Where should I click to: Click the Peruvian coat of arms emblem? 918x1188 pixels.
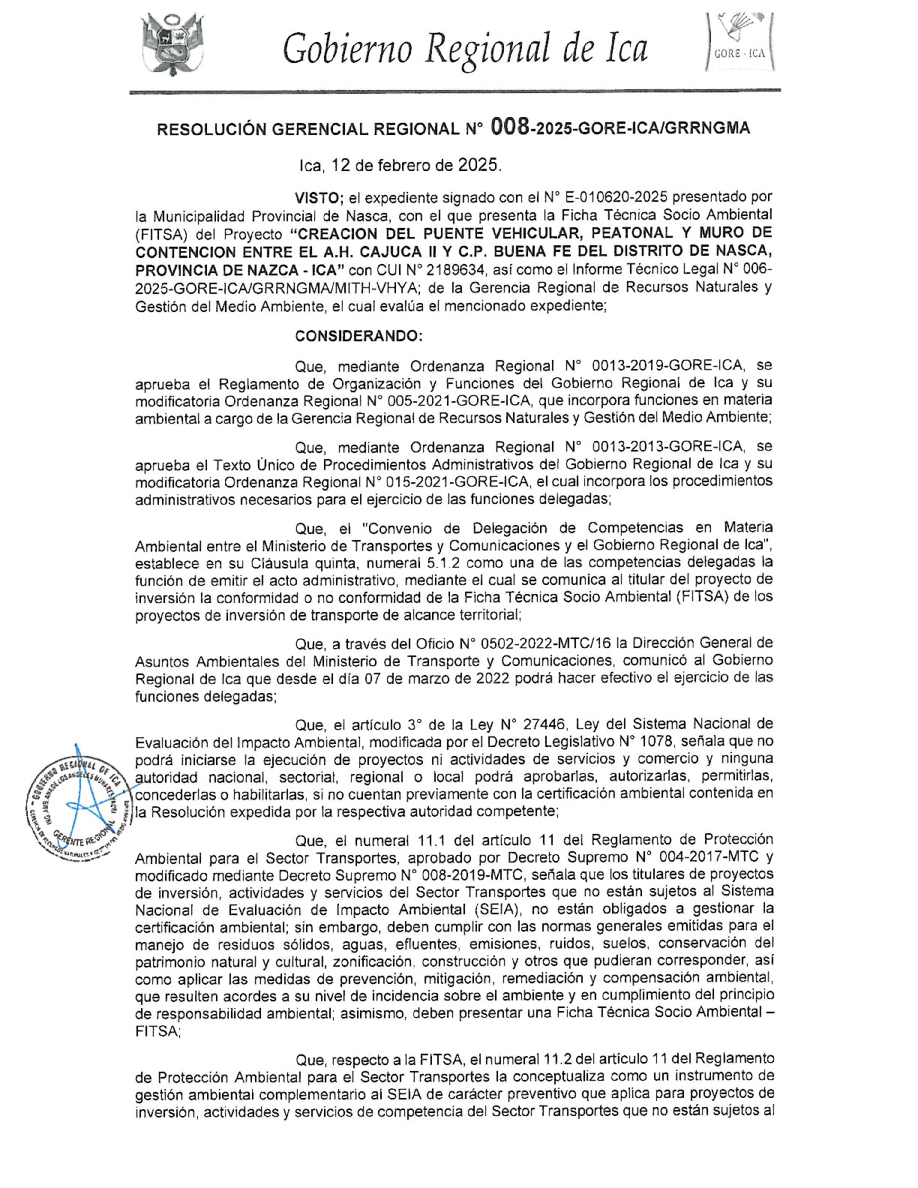pyautogui.click(x=172, y=44)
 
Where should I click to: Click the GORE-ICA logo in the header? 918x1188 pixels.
pyautogui.click(x=741, y=42)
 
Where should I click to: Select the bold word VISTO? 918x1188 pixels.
pyautogui.click(x=317, y=198)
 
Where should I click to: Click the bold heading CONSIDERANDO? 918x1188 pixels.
pyautogui.click(x=358, y=335)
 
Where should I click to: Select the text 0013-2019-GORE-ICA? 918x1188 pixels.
pyautogui.click(x=667, y=365)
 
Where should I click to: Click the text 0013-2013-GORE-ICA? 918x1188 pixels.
pyautogui.click(x=667, y=447)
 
